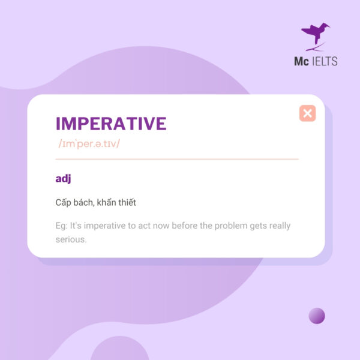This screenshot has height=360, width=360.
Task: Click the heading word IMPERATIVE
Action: coord(111,124)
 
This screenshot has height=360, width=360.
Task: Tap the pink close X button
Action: coord(307,113)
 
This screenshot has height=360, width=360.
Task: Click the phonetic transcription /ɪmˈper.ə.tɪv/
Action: coord(89,145)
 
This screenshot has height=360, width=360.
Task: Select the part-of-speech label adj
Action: coord(63,178)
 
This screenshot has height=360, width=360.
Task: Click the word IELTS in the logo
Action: coord(325,61)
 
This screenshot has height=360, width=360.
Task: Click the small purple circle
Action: coord(317,316)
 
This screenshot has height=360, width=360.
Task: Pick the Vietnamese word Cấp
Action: coord(64,203)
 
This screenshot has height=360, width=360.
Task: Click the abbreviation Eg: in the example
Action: coord(61,226)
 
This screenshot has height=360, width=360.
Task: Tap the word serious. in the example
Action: coord(71,239)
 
